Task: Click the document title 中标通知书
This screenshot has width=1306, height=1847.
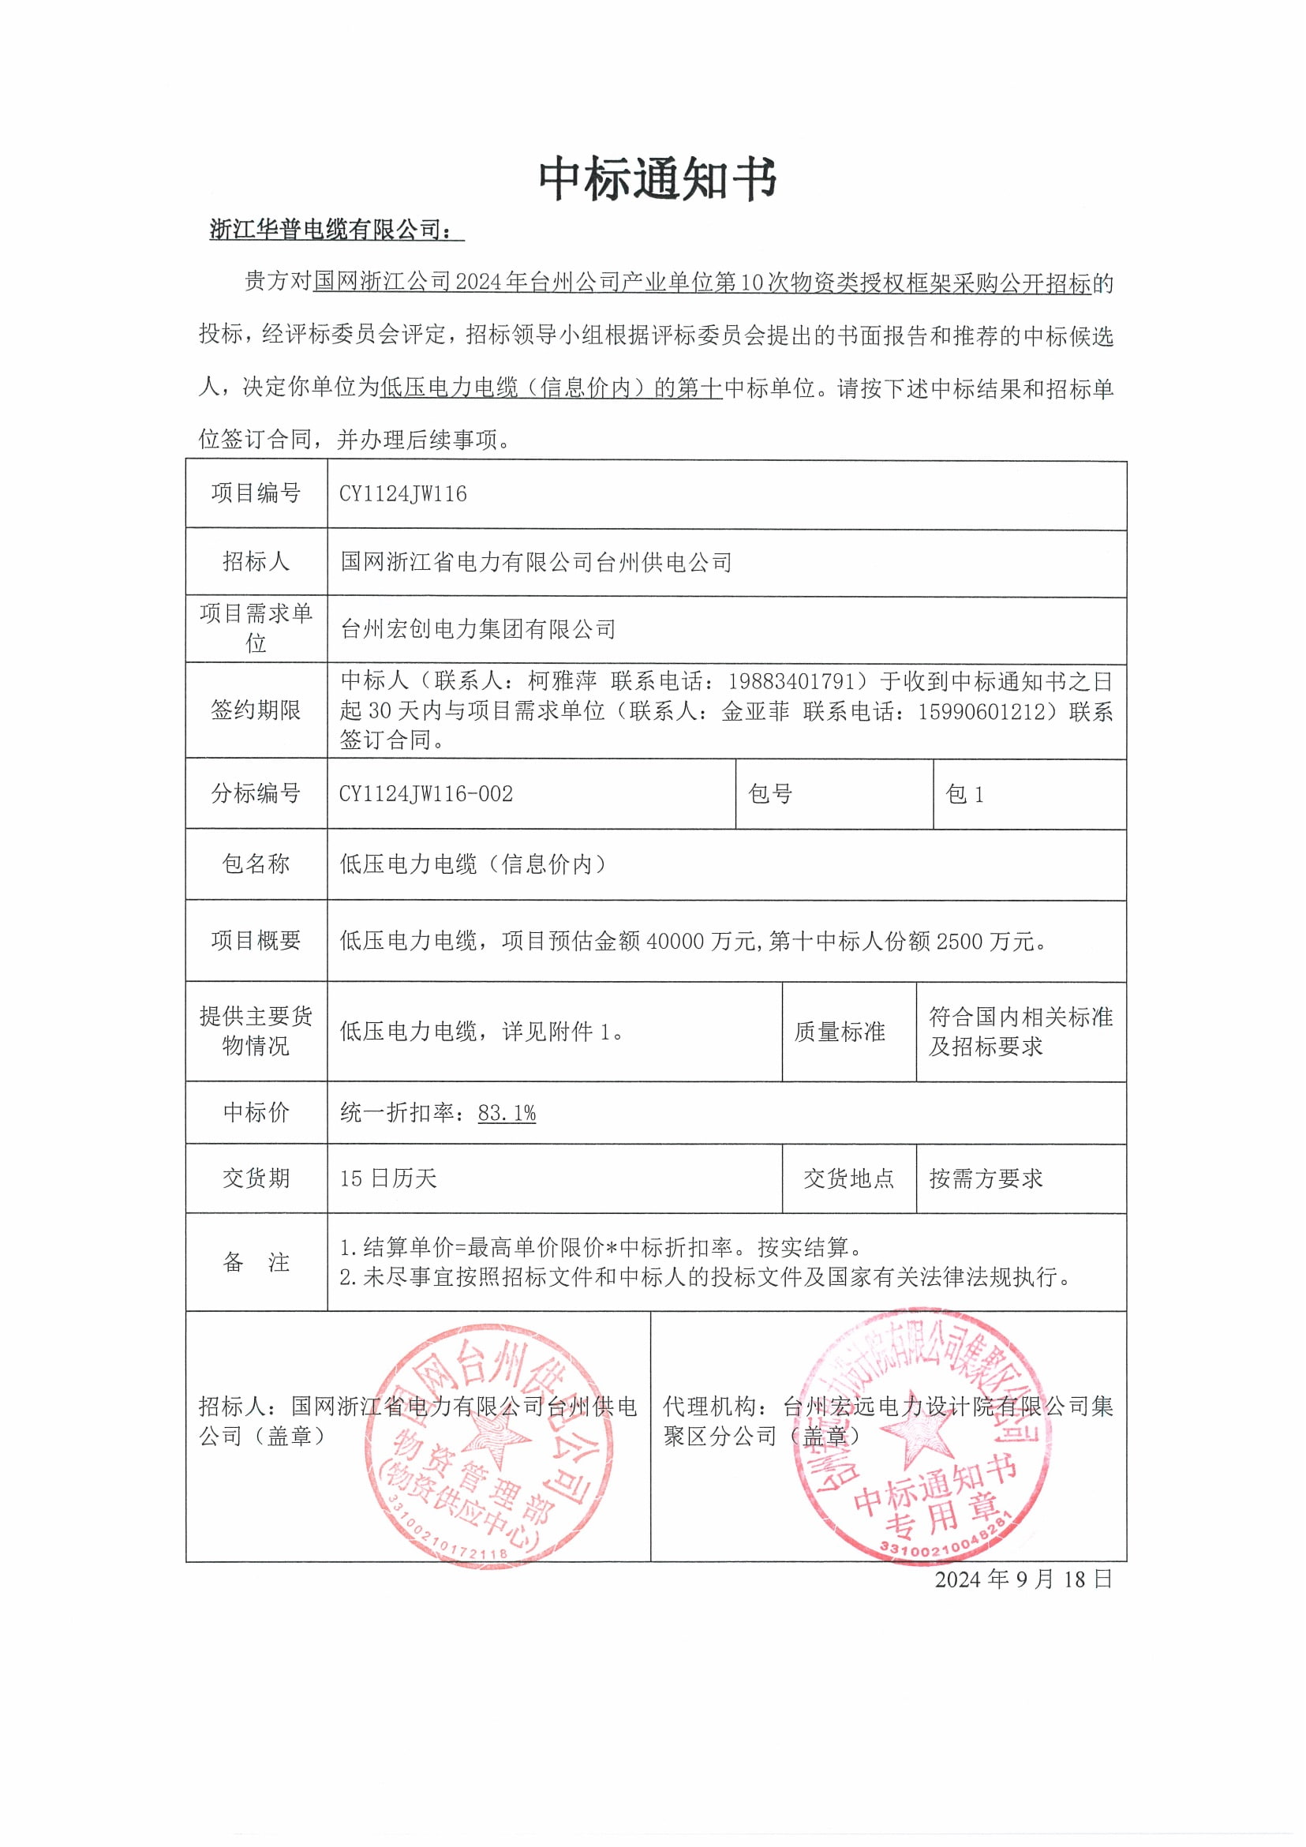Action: pyautogui.click(x=657, y=178)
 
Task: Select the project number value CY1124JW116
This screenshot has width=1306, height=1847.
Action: pyautogui.click(x=403, y=494)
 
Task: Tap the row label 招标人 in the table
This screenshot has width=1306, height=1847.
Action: pyautogui.click(x=256, y=561)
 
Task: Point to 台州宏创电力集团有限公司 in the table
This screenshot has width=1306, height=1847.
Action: pyautogui.click(x=477, y=629)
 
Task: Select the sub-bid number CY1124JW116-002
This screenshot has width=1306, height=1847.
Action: pyautogui.click(x=425, y=794)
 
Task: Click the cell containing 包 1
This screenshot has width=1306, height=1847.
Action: pyautogui.click(x=964, y=795)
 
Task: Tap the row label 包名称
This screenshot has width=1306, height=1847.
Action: pyautogui.click(x=256, y=864)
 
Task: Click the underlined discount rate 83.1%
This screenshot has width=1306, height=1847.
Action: pyautogui.click(x=507, y=1114)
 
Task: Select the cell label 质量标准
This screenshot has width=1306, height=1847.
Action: pyautogui.click(x=840, y=1032)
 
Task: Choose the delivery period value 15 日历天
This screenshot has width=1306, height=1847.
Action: pyautogui.click(x=388, y=1179)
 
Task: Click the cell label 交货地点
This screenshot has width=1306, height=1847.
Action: pyautogui.click(x=848, y=1179)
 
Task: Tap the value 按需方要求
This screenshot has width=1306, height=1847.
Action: pyautogui.click(x=986, y=1179)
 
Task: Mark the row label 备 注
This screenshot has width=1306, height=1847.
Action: pyautogui.click(x=256, y=1262)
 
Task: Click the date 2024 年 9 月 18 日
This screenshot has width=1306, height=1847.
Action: pyautogui.click(x=1023, y=1579)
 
